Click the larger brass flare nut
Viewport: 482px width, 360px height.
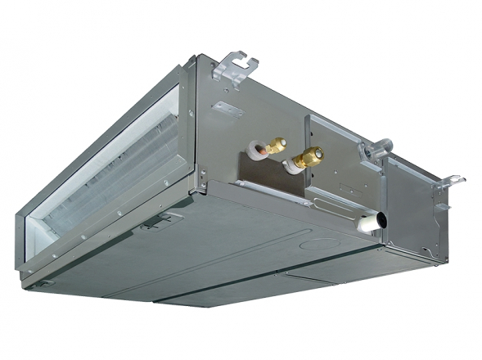310,155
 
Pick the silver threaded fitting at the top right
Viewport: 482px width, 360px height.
378,150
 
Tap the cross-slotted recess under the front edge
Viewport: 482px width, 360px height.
155,221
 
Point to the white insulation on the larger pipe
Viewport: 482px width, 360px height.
291,166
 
